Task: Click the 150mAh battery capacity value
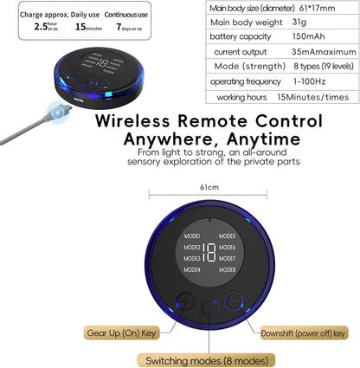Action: [308, 36]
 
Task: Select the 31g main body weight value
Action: [299, 22]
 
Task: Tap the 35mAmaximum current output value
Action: [324, 52]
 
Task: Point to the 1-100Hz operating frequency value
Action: [309, 81]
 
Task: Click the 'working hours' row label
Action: [241, 97]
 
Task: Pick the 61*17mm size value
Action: [317, 8]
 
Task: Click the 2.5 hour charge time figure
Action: [46, 27]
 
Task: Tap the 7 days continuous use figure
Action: [129, 27]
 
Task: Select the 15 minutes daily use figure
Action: [88, 27]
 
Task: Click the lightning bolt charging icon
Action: [58, 113]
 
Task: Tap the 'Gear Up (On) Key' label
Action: [121, 333]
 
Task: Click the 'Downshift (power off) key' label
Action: [303, 333]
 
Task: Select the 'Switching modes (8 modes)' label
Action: [207, 360]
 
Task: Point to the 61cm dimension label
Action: [209, 187]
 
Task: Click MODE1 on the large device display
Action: [192, 236]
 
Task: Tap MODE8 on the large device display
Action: [227, 270]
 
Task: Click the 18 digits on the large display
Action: [209, 253]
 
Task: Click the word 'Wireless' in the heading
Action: [132, 120]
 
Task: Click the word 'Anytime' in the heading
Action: [264, 139]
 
